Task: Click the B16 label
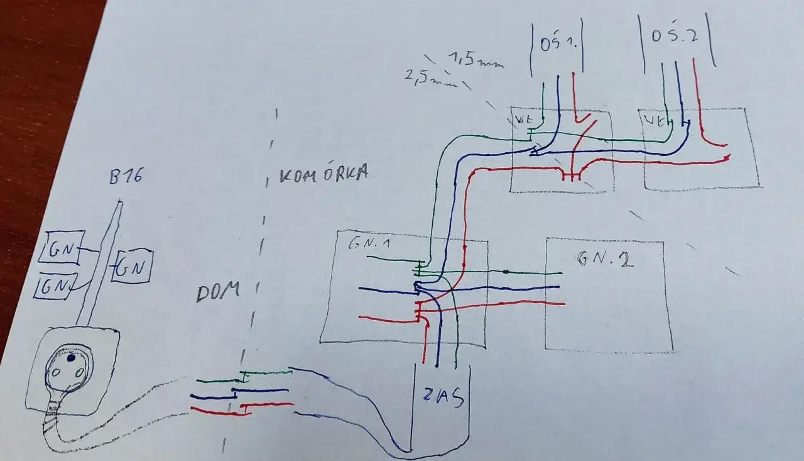[126, 177]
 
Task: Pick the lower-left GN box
[55, 286]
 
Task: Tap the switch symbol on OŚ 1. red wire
[585, 126]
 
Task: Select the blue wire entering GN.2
[534, 288]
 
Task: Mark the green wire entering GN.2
[534, 272]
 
